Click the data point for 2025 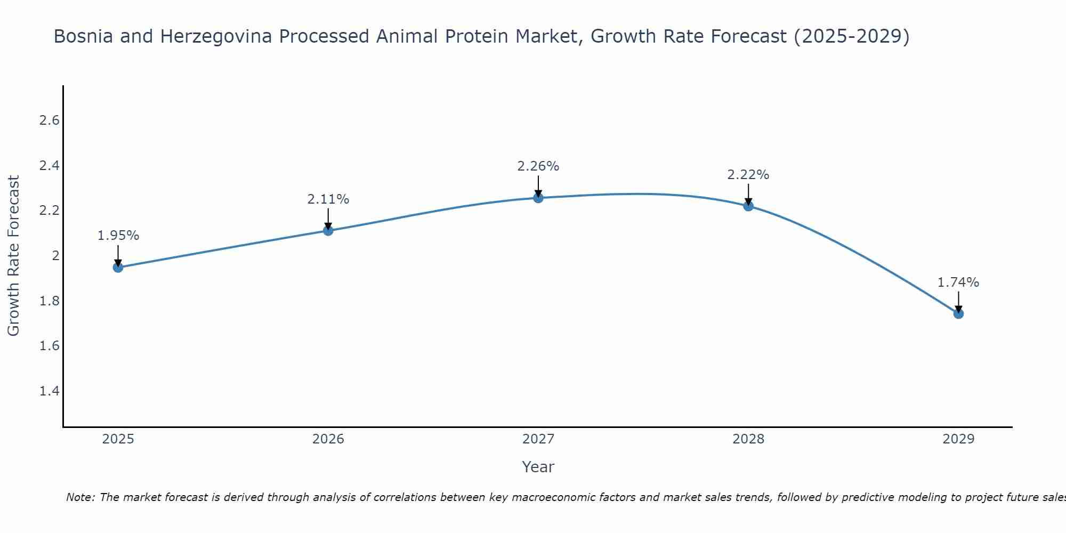click(x=118, y=267)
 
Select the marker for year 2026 click(x=328, y=230)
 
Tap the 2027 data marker click(x=538, y=198)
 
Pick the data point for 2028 click(x=748, y=206)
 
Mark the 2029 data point click(x=958, y=313)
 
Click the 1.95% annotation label click(x=118, y=236)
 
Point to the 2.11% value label click(x=328, y=199)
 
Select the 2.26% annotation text click(x=538, y=166)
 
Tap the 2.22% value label click(x=748, y=175)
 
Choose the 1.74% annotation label click(x=958, y=282)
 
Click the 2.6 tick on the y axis click(x=49, y=120)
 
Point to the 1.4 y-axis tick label click(x=49, y=391)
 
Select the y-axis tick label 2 click(x=55, y=256)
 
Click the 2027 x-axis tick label click(x=538, y=439)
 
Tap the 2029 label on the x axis click(x=958, y=439)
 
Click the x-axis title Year click(x=538, y=467)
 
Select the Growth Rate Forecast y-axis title click(x=14, y=256)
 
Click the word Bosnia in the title click(x=84, y=37)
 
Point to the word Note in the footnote click(x=80, y=497)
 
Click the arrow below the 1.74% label click(x=958, y=302)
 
